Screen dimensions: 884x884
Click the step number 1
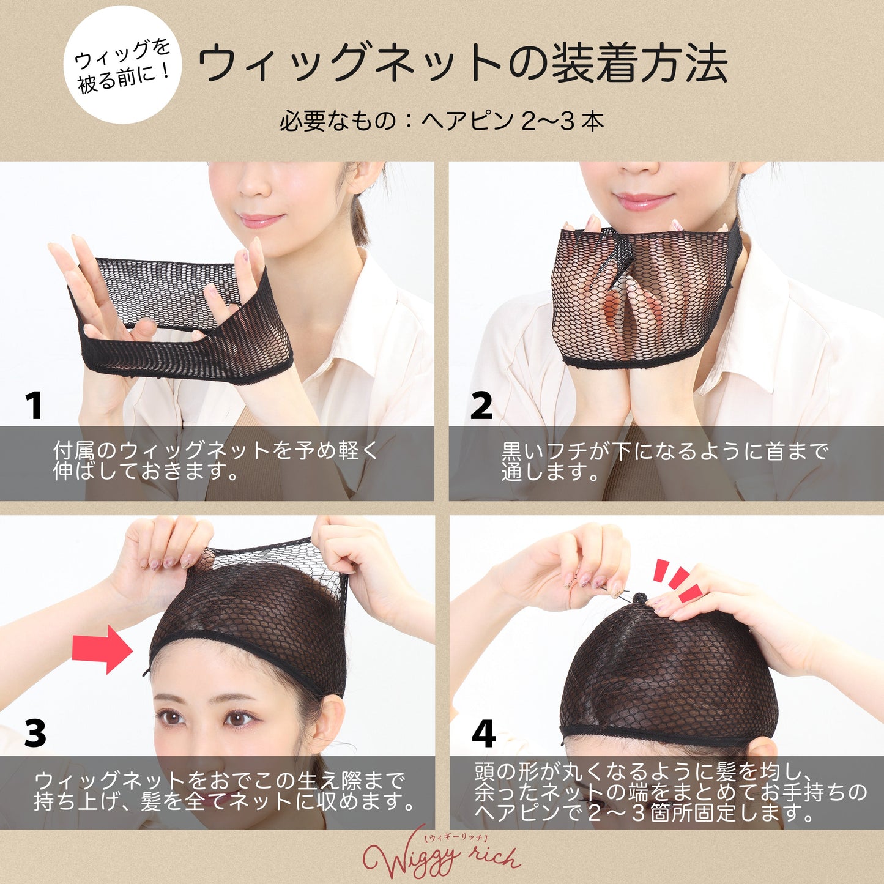click(34, 406)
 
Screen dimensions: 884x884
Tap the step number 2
click(481, 406)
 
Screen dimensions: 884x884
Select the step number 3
click(35, 733)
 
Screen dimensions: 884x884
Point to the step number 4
click(483, 733)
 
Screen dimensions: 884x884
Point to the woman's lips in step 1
click(261, 221)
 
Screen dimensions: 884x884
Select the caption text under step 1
click(215, 461)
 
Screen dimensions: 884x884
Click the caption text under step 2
click(665, 461)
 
